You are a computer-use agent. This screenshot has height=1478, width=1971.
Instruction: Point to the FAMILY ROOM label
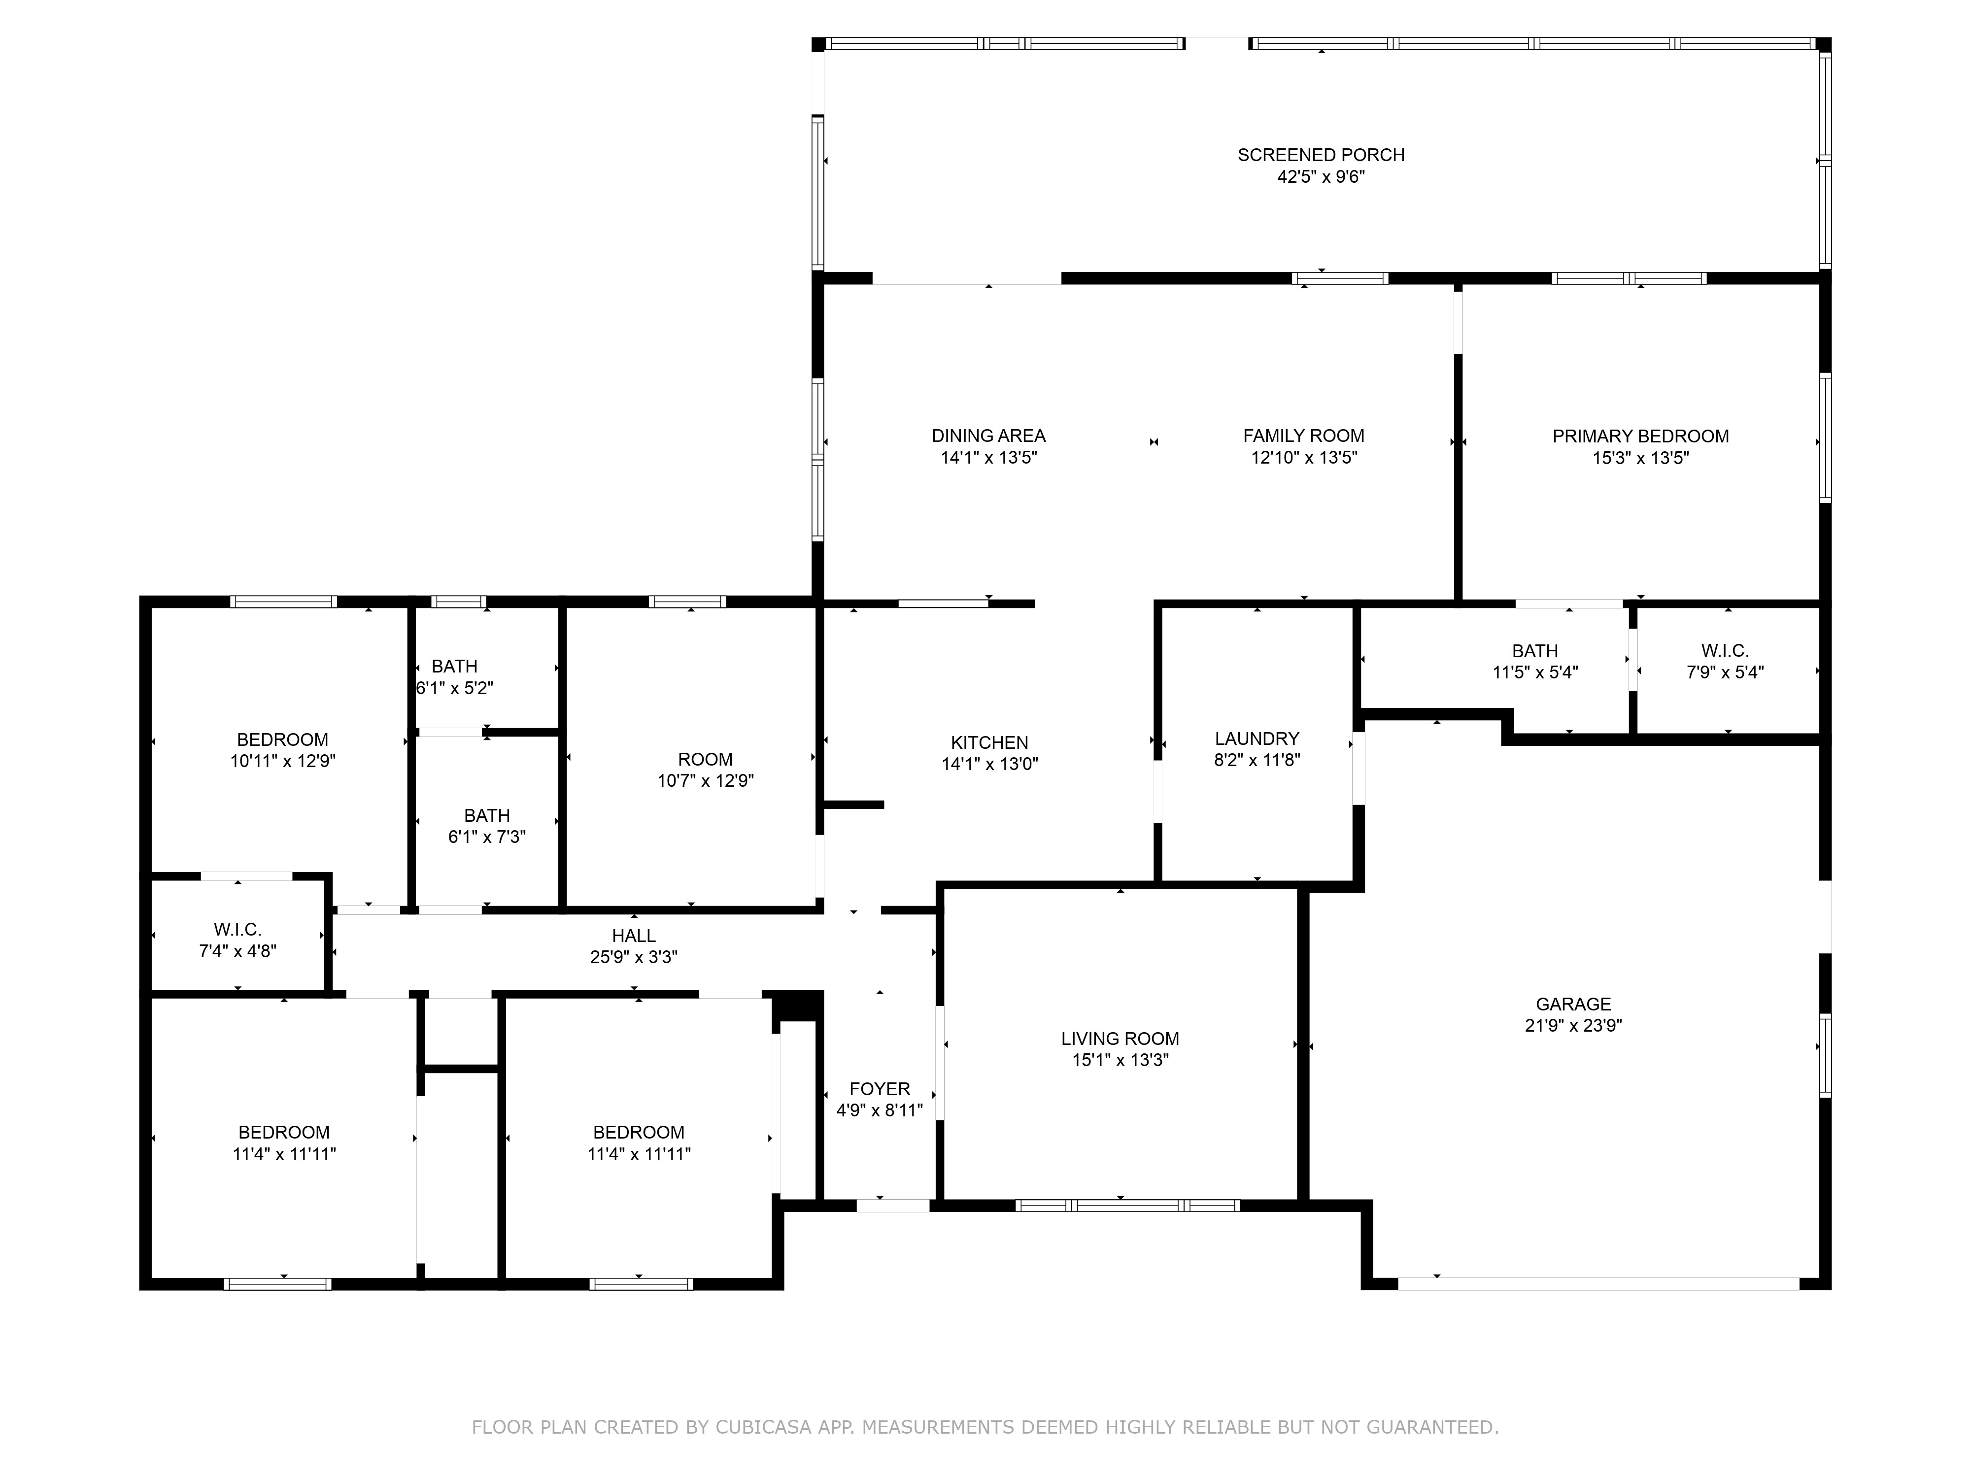click(1304, 436)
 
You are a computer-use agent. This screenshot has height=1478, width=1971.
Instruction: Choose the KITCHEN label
click(989, 742)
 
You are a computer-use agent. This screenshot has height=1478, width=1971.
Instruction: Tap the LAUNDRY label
click(1257, 739)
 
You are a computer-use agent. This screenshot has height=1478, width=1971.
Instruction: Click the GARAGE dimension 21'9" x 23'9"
click(1573, 1025)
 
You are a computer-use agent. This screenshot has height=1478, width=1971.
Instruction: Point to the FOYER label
click(880, 1089)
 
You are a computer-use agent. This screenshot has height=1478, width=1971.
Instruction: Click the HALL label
click(634, 936)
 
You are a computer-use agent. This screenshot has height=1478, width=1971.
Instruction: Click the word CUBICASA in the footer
click(763, 1427)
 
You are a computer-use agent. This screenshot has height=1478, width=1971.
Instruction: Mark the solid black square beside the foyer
click(797, 1005)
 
